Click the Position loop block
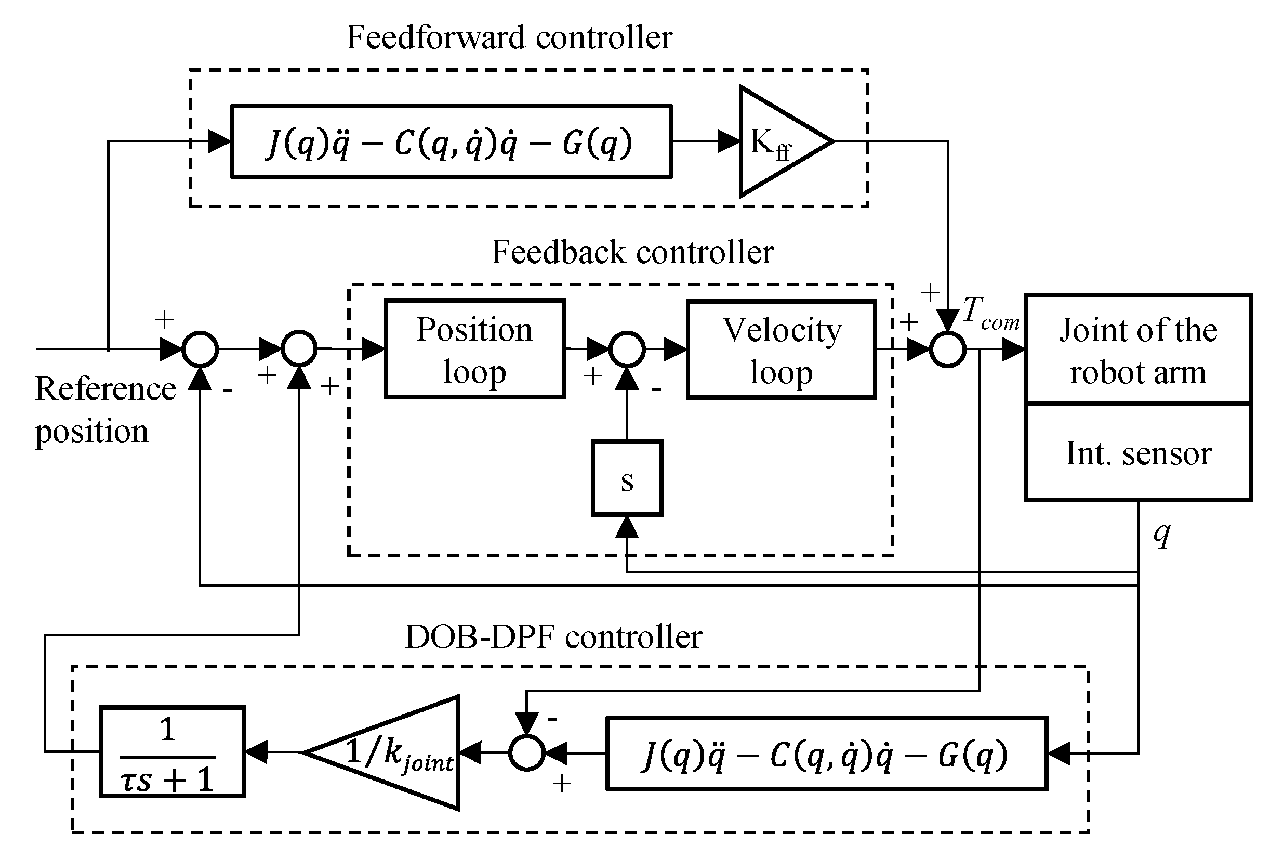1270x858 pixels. pos(474,349)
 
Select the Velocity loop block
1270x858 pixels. pos(782,349)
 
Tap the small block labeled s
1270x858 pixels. pos(627,477)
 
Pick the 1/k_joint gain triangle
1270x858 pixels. pos(382,752)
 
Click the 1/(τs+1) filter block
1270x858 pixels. pos(171,751)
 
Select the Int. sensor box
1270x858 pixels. pos(1139,452)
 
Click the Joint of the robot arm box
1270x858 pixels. pos(1139,349)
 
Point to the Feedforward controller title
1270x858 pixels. pos(509,37)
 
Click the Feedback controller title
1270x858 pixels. pos(632,252)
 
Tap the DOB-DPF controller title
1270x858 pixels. pos(553,637)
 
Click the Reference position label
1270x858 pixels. pos(105,410)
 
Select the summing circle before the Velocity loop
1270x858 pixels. pos(627,349)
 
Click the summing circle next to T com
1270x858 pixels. pos(948,349)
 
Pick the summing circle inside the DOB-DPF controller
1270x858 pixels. pos(527,752)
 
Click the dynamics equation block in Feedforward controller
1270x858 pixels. pos(451,141)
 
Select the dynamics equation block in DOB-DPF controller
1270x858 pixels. pos(827,753)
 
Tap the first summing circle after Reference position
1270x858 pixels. pos(200,349)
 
